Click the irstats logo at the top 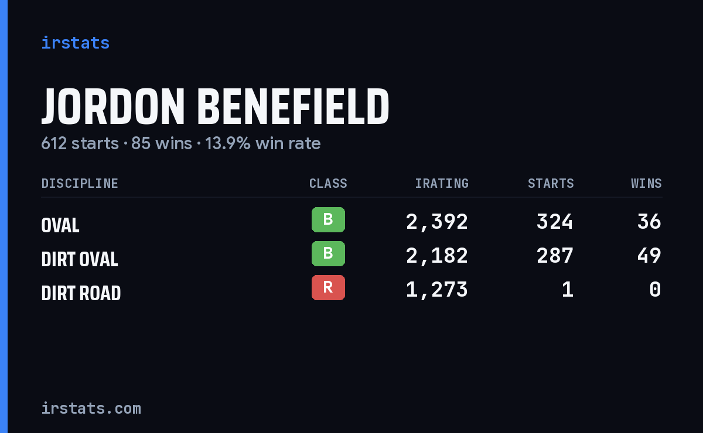76,43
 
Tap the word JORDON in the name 113,106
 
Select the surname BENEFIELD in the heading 293,106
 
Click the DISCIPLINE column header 80,183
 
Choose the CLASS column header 328,183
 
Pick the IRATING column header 442,183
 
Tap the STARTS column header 551,183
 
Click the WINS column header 647,183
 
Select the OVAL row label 60,225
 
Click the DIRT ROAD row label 81,293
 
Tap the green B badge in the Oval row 328,219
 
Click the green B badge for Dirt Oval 328,253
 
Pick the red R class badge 328,287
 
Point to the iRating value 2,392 437,222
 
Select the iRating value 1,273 437,290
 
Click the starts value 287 555,256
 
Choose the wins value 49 649,256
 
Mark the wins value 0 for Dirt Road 656,290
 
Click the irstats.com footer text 91,408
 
